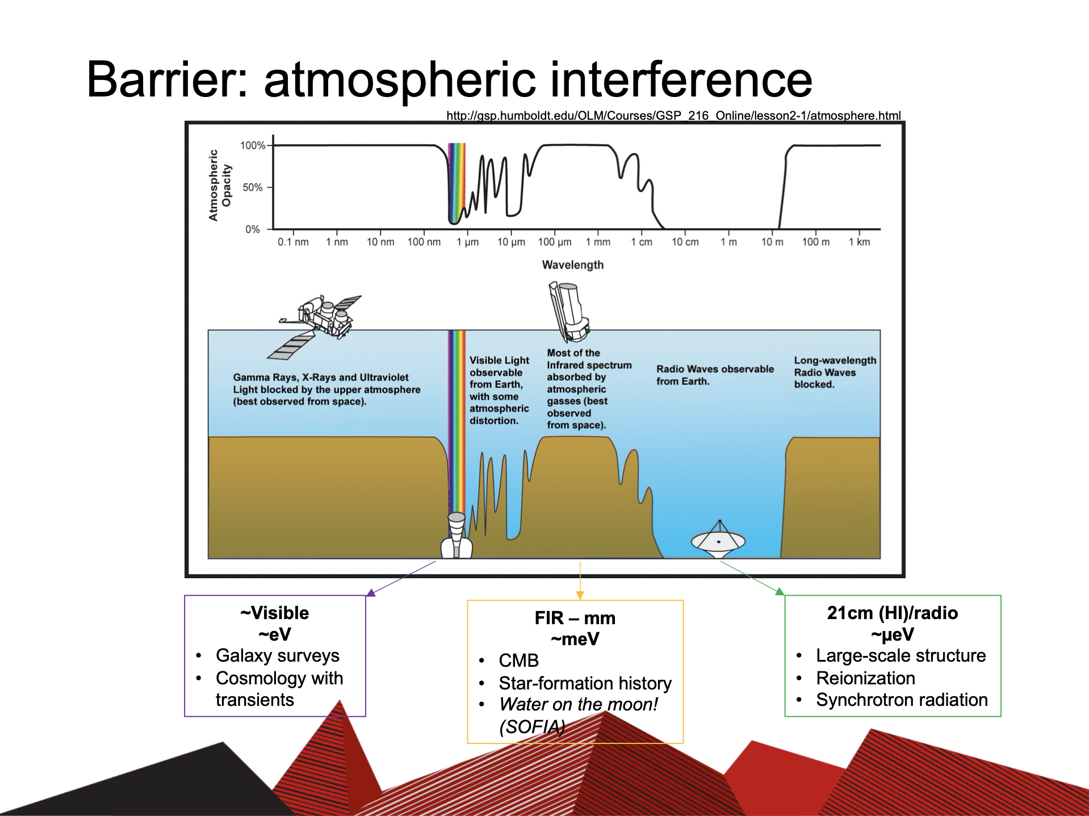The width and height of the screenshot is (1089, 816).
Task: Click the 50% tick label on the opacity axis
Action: click(x=252, y=187)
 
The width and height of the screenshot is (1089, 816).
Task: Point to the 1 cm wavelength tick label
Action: click(x=642, y=242)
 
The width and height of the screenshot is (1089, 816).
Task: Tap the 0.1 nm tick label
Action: click(x=293, y=242)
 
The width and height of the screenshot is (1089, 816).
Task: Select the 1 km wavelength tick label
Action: click(x=859, y=242)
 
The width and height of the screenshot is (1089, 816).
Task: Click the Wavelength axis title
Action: click(x=573, y=265)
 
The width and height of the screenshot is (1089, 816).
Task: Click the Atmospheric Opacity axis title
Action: click(x=220, y=185)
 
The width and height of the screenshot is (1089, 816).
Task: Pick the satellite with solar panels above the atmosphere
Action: click(x=314, y=326)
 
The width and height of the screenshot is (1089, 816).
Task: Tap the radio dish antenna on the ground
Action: click(x=718, y=539)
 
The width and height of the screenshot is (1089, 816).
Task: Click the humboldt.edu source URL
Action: click(x=673, y=116)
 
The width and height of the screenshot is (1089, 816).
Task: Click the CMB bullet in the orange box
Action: click(x=518, y=661)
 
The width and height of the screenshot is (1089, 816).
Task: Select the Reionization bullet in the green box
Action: click(x=865, y=678)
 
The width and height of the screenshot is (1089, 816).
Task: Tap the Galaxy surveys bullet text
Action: click(x=277, y=656)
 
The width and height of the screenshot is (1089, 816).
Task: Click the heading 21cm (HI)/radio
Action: click(x=893, y=613)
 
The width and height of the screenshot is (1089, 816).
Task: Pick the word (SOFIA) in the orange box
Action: click(x=532, y=727)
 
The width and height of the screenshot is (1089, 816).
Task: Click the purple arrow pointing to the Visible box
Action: click(x=401, y=579)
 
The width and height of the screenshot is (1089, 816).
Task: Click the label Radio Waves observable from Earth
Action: click(x=715, y=375)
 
